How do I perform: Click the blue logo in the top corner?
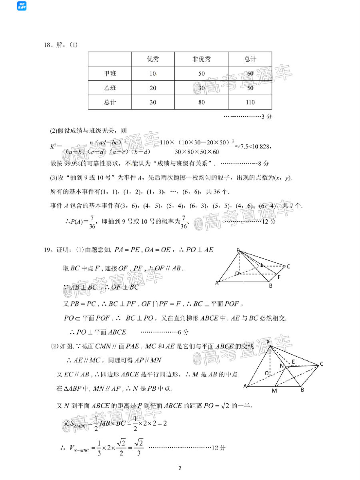click(22, 6)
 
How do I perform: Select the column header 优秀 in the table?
click(153, 60)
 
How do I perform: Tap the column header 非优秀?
click(201, 60)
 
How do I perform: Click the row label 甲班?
click(110, 74)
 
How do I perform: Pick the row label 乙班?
click(110, 88)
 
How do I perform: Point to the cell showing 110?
click(250, 102)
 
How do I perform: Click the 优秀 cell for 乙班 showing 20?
click(153, 88)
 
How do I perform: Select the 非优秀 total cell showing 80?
click(201, 102)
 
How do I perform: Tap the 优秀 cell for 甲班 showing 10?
click(153, 74)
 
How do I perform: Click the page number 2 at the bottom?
click(180, 468)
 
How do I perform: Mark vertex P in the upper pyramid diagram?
click(238, 250)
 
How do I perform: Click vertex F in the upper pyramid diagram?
click(278, 277)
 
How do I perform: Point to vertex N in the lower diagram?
click(282, 366)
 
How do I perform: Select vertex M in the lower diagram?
click(274, 390)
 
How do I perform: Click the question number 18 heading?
click(49, 45)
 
